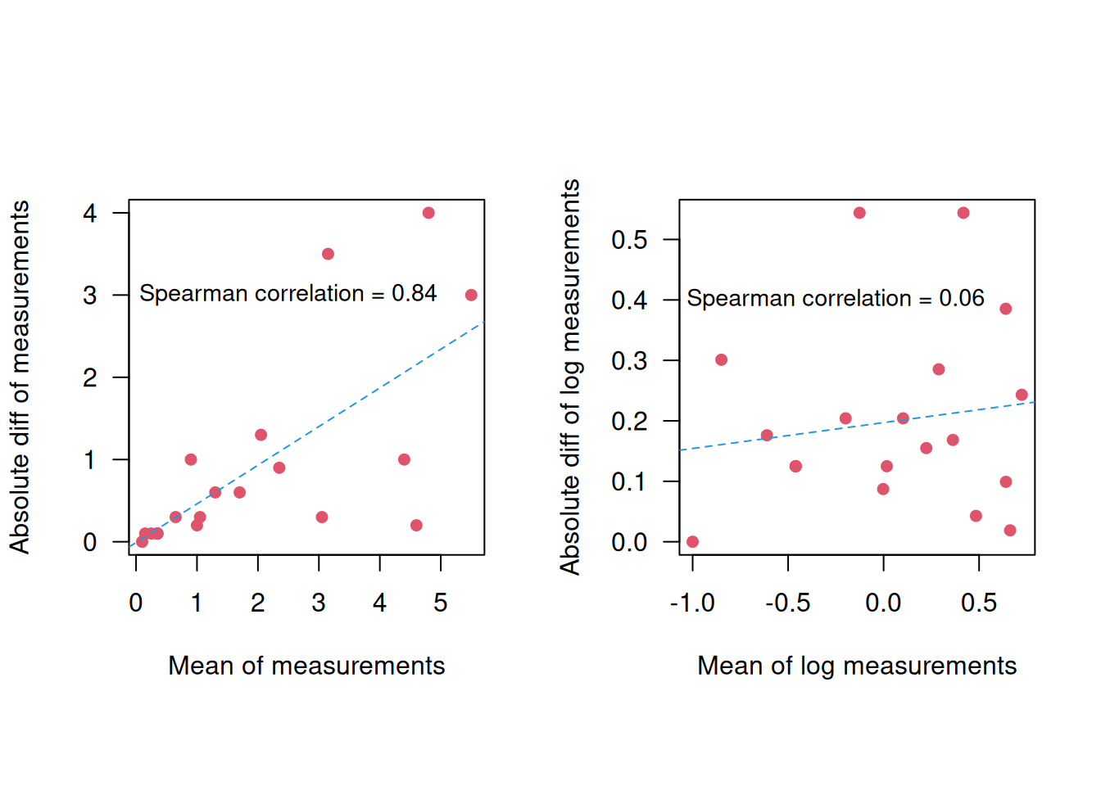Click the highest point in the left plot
tap(428, 213)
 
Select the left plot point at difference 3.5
tap(328, 254)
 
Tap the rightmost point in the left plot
tap(471, 295)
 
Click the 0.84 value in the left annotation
tap(414, 293)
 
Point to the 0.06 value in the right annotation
tap(961, 298)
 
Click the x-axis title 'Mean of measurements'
tap(306, 666)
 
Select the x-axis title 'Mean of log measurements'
tap(856, 666)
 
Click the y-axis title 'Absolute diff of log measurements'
tap(569, 377)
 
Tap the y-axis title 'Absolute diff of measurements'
tap(20, 377)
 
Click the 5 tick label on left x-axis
tap(441, 603)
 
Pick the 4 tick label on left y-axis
tap(90, 214)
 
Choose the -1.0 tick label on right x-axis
tap(692, 603)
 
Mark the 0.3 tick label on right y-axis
tap(629, 361)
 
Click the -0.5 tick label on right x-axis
tap(787, 603)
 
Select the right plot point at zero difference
tap(692, 541)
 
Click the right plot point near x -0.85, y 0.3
tap(721, 359)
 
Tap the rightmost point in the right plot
tap(1022, 395)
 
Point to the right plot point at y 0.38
tap(1005, 309)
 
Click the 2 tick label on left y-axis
tap(90, 377)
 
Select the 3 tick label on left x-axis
tap(319, 603)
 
